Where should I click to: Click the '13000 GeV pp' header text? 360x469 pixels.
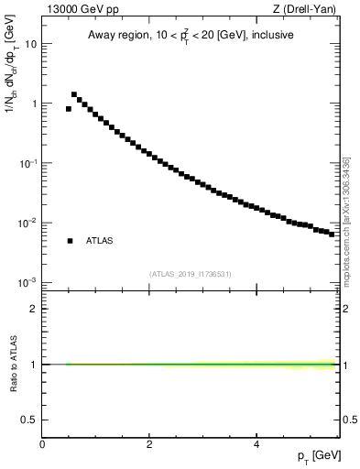pos(78,9)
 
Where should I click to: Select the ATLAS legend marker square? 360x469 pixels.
pos(70,241)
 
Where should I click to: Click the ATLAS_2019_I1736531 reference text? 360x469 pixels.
pos(191,274)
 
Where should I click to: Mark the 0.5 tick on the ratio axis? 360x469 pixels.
pos(30,420)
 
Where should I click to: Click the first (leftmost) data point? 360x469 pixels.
pos(69,108)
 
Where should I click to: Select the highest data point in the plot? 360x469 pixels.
pos(74,94)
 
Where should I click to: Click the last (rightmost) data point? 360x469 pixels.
pos(333,234)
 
